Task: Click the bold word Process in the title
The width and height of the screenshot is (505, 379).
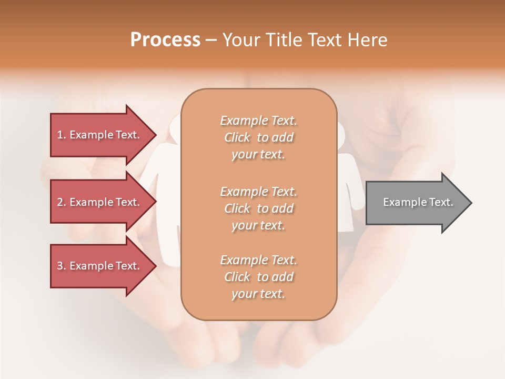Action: point(165,40)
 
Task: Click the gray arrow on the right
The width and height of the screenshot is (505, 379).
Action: point(416,203)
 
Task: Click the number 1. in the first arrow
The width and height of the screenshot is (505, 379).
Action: point(62,135)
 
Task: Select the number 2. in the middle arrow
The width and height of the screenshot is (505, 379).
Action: point(62,202)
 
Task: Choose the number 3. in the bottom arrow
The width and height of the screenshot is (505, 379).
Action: point(62,266)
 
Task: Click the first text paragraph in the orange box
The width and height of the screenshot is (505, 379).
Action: point(259,137)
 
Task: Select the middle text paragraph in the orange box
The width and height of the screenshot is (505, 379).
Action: point(259,208)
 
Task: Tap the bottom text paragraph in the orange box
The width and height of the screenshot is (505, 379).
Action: point(259,277)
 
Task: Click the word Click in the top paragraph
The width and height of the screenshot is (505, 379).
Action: point(237,137)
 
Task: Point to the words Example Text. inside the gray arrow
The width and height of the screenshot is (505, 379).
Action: point(418,202)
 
